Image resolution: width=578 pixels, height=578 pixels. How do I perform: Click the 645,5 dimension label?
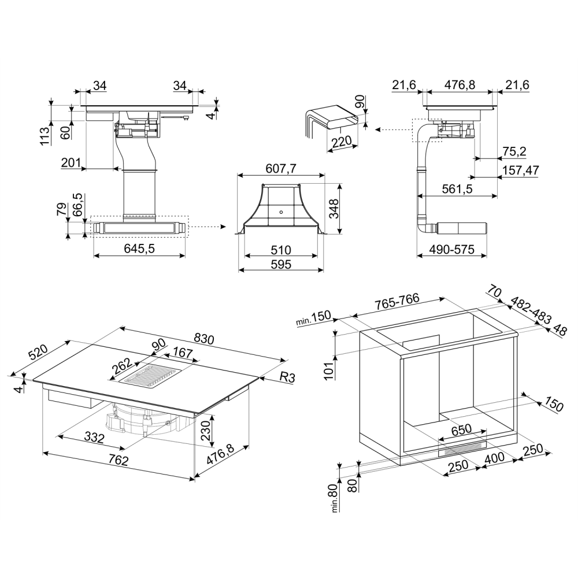coord(139,249)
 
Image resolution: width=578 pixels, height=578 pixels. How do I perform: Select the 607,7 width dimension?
coord(281,169)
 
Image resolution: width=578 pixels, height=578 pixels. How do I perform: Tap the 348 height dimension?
coord(334,209)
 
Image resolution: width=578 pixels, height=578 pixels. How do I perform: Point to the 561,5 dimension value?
coord(457,189)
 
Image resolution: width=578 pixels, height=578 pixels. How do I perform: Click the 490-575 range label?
coord(451,250)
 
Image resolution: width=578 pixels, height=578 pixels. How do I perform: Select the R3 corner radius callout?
coord(287,377)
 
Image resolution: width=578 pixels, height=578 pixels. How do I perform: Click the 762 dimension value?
coord(118,460)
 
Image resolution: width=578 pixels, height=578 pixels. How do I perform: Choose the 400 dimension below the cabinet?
coord(494,458)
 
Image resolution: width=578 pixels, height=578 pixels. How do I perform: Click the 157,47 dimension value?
coord(521,171)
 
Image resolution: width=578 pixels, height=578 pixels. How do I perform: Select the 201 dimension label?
coord(71,162)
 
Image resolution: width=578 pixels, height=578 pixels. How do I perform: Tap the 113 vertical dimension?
coord(45,136)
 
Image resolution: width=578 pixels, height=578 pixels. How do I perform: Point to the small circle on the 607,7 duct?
coord(281,212)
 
